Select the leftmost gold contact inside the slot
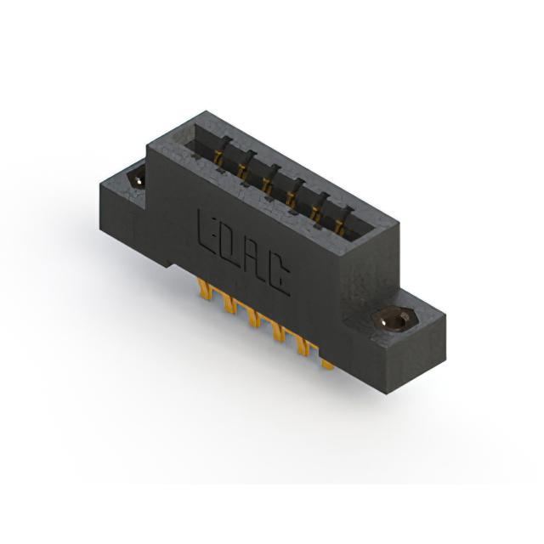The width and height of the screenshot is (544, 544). pyautogui.click(x=218, y=159)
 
